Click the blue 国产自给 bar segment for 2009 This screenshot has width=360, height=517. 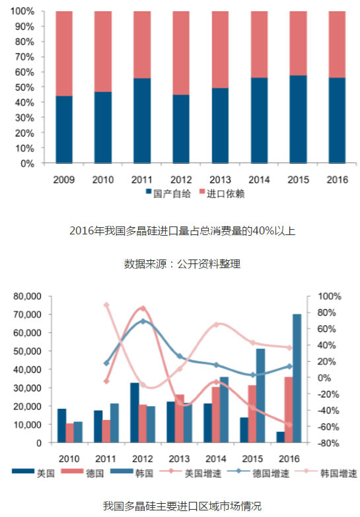pyautogui.click(x=64, y=129)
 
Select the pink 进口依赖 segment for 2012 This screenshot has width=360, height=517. pyautogui.click(x=181, y=53)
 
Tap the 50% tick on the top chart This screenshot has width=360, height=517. pyautogui.click(x=24, y=87)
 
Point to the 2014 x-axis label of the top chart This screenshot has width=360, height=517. pyautogui.click(x=259, y=180)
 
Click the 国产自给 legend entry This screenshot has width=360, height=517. pyautogui.click(x=168, y=193)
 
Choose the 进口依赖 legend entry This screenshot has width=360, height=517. pyautogui.click(x=222, y=193)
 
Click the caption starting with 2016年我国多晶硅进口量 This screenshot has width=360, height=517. pyautogui.click(x=182, y=231)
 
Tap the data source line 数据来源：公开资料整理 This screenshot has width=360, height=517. pyautogui.click(x=182, y=263)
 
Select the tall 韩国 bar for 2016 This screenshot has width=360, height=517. pyautogui.click(x=297, y=378)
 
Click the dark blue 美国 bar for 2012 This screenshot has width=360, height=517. pyautogui.click(x=135, y=413)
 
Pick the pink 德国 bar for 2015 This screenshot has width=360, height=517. pyautogui.click(x=252, y=414)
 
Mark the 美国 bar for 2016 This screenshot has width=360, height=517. pyautogui.click(x=281, y=437)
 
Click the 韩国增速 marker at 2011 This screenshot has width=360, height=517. pyautogui.click(x=106, y=305)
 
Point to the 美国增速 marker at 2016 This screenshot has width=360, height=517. pyautogui.click(x=289, y=425)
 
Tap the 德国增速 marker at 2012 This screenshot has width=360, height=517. pyautogui.click(x=143, y=321)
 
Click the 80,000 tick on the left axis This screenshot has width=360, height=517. pyautogui.click(x=27, y=296)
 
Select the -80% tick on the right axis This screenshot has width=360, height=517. pyautogui.click(x=328, y=443)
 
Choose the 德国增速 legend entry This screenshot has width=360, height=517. pyautogui.click(x=258, y=473)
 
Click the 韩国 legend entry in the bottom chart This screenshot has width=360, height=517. pyautogui.click(x=132, y=473)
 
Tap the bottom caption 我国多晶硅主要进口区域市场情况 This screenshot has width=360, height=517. pyautogui.click(x=182, y=506)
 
